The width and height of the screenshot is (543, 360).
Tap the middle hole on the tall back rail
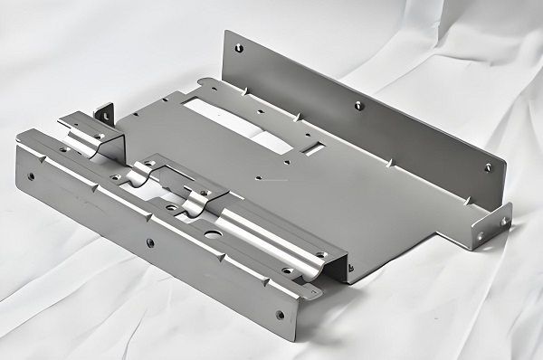point(358,105)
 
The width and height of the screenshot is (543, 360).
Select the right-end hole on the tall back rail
point(487,166)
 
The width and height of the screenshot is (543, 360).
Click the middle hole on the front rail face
point(149,242)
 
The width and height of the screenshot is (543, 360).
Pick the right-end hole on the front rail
point(280,315)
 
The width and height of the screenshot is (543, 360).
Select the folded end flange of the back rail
point(491,226)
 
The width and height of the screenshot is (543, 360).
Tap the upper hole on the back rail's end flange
point(504,220)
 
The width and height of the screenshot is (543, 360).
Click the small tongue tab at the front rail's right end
point(311,291)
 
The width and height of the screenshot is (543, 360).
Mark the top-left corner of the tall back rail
point(225,32)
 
